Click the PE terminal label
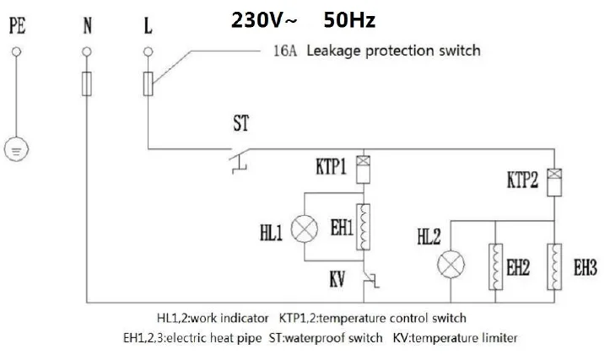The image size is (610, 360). pyautogui.click(x=16, y=27)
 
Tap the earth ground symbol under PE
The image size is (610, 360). pyautogui.click(x=16, y=150)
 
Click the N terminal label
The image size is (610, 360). pyautogui.click(x=86, y=27)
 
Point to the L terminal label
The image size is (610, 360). pyautogui.click(x=149, y=27)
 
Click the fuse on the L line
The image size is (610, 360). pyautogui.click(x=149, y=83)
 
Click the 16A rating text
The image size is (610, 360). pyautogui.click(x=283, y=51)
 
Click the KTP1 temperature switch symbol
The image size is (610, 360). pyautogui.click(x=364, y=170)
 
